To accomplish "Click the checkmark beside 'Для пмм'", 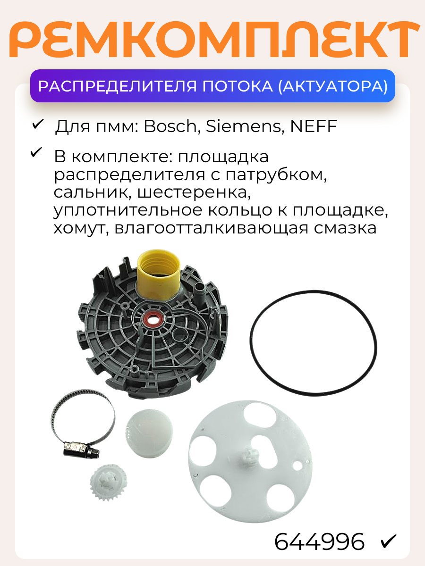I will tap(37, 125).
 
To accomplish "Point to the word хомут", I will tap(80, 228).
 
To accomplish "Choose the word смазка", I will tap(340, 228).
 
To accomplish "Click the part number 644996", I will tap(320, 541).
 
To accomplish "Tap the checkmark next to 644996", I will tap(389, 541).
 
